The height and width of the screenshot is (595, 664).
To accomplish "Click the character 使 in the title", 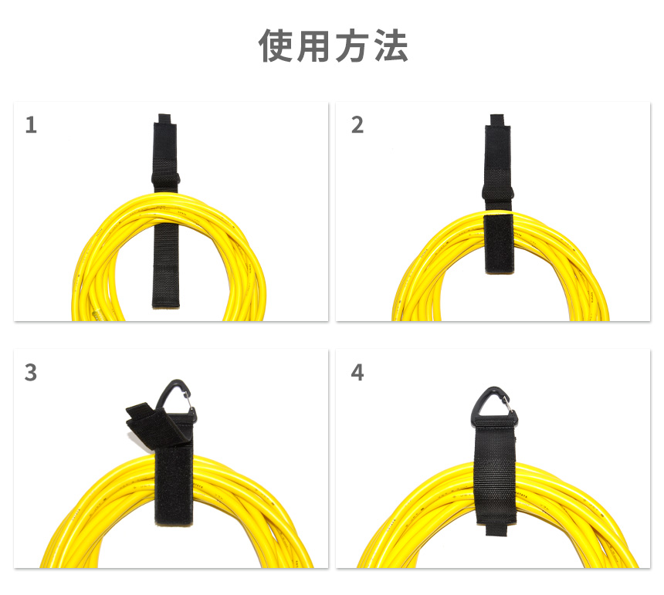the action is (x=276, y=46).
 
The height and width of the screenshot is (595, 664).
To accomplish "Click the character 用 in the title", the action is (x=313, y=46).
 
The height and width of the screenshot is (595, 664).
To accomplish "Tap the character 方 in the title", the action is (x=351, y=46).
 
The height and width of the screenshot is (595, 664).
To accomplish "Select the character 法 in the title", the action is (x=391, y=46).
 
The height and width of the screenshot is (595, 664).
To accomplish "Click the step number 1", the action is (x=31, y=125).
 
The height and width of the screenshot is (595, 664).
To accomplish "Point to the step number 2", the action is (x=357, y=125).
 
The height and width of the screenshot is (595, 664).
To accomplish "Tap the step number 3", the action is (x=30, y=373).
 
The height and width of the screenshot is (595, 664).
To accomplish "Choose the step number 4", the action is (x=357, y=373).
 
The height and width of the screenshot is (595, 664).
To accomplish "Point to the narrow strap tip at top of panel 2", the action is (x=497, y=119).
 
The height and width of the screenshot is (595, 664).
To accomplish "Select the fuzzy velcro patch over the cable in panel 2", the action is (x=499, y=244).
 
